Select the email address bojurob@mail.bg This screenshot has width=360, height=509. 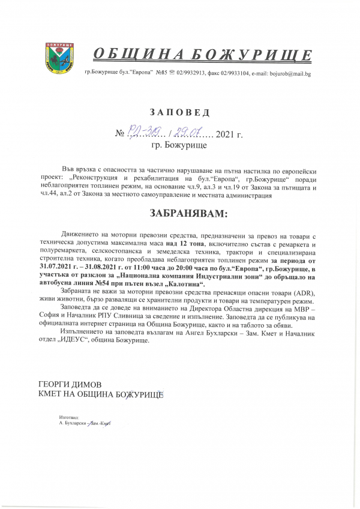click(x=290, y=74)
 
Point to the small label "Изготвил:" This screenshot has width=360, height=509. click(x=70, y=417)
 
